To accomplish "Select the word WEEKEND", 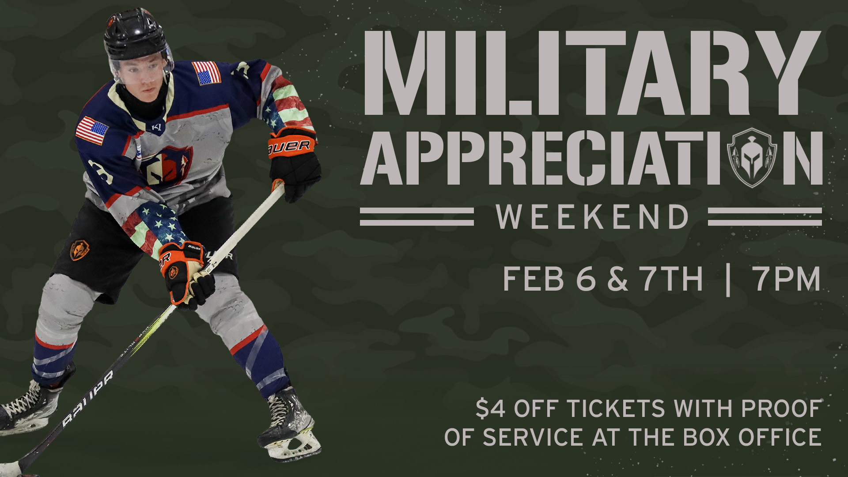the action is pyautogui.click(x=592, y=217).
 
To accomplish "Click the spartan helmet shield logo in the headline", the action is pyautogui.click(x=756, y=156).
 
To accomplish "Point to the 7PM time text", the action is pyautogui.click(x=787, y=279).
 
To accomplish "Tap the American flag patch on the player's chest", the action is pyautogui.click(x=92, y=130).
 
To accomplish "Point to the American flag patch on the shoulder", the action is pyautogui.click(x=206, y=73).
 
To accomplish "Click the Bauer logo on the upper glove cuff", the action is pyautogui.click(x=289, y=146).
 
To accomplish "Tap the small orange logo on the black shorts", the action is pyautogui.click(x=79, y=250).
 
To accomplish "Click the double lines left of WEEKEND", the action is pyautogui.click(x=417, y=216).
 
